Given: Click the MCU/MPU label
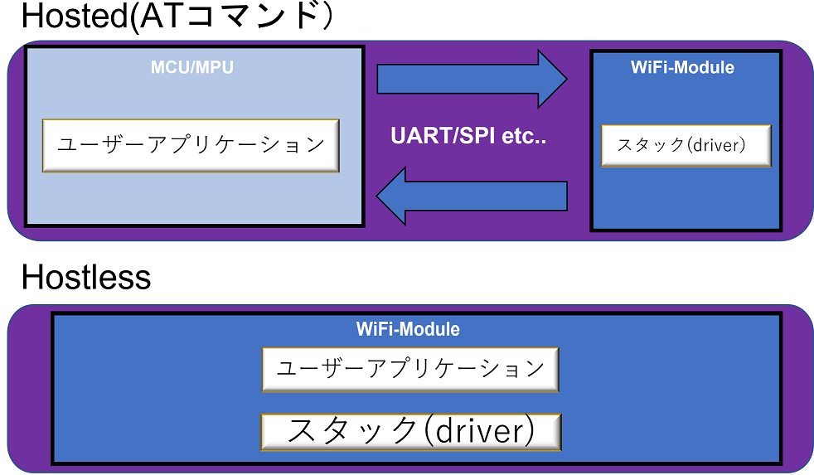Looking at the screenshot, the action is [192, 67].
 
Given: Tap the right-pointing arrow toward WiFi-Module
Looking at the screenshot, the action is [472, 79].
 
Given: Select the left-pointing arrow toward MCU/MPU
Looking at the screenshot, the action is [472, 196].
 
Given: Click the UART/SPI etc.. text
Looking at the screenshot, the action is [468, 136].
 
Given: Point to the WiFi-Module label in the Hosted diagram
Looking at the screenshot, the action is [682, 67].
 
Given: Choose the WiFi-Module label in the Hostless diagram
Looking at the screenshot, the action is [408, 329].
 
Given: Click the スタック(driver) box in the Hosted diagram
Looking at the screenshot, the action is [686, 145].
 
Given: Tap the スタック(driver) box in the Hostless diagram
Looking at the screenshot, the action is [410, 432].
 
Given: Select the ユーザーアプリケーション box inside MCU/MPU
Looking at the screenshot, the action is [191, 145].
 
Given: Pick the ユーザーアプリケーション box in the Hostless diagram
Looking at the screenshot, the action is [410, 369].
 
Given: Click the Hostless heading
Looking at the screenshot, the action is [86, 277].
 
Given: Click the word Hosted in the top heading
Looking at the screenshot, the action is [75, 16].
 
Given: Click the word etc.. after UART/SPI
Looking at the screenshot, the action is [524, 137].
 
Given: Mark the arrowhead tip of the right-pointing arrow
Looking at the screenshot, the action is [567, 79].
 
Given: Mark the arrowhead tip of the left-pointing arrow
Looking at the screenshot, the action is [376, 196].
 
